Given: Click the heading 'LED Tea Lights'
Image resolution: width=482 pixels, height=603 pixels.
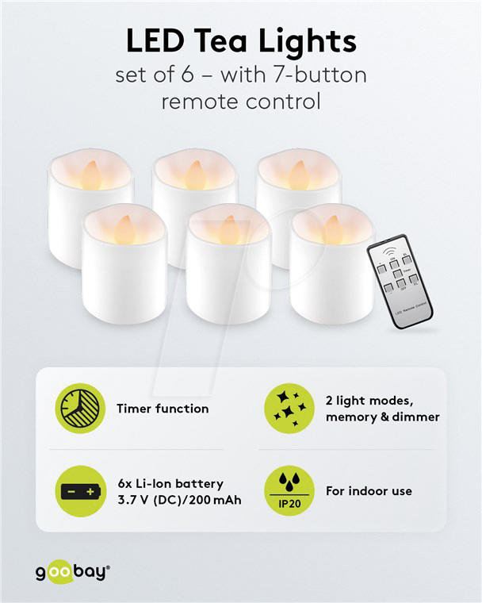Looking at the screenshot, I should [241, 40].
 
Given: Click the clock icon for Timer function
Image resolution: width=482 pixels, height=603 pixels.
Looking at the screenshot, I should [80, 409].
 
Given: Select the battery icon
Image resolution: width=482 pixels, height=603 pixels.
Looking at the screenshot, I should [80, 491].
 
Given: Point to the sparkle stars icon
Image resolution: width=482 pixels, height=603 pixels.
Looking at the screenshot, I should [289, 409].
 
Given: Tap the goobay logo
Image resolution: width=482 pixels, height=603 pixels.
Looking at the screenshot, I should [72, 571].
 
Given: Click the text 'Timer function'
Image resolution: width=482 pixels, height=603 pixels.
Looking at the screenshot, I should [163, 409].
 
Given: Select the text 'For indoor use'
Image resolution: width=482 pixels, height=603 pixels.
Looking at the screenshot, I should [369, 491].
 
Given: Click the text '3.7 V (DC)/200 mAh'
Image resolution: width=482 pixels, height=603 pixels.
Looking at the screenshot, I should [178, 500].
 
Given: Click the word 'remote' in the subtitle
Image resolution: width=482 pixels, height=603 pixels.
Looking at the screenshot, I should [200, 102].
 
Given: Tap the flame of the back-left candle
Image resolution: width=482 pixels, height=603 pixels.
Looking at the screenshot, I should [91, 174].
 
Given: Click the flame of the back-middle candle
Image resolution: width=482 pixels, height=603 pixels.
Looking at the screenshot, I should [195, 174].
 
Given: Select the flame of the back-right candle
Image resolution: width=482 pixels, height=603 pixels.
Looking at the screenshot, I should [298, 174].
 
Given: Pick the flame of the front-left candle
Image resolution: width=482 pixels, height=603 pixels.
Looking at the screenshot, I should [125, 229].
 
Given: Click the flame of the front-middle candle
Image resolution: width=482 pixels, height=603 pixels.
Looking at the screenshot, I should [229, 229].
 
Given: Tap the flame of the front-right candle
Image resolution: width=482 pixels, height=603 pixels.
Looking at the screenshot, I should [333, 229].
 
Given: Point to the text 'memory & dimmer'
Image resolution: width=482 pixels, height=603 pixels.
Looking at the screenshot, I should [382, 417].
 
